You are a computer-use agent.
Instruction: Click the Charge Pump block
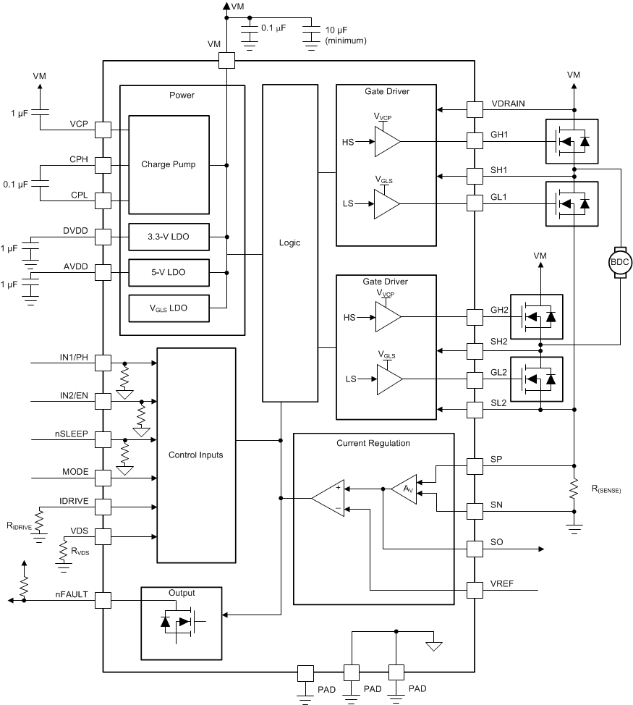[169, 165]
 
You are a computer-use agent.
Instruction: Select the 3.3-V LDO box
[169, 237]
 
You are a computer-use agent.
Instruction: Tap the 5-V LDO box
[169, 272]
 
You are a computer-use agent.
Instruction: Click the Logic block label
[289, 242]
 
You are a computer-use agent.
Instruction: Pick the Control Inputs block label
[195, 455]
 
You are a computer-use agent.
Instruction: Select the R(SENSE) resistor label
[601, 490]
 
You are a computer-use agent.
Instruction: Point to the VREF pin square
[474, 590]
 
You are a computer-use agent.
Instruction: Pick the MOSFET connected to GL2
[537, 379]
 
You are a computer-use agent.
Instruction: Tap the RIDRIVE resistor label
[17, 527]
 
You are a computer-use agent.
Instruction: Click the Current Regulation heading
[373, 442]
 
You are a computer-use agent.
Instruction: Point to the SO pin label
[497, 542]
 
